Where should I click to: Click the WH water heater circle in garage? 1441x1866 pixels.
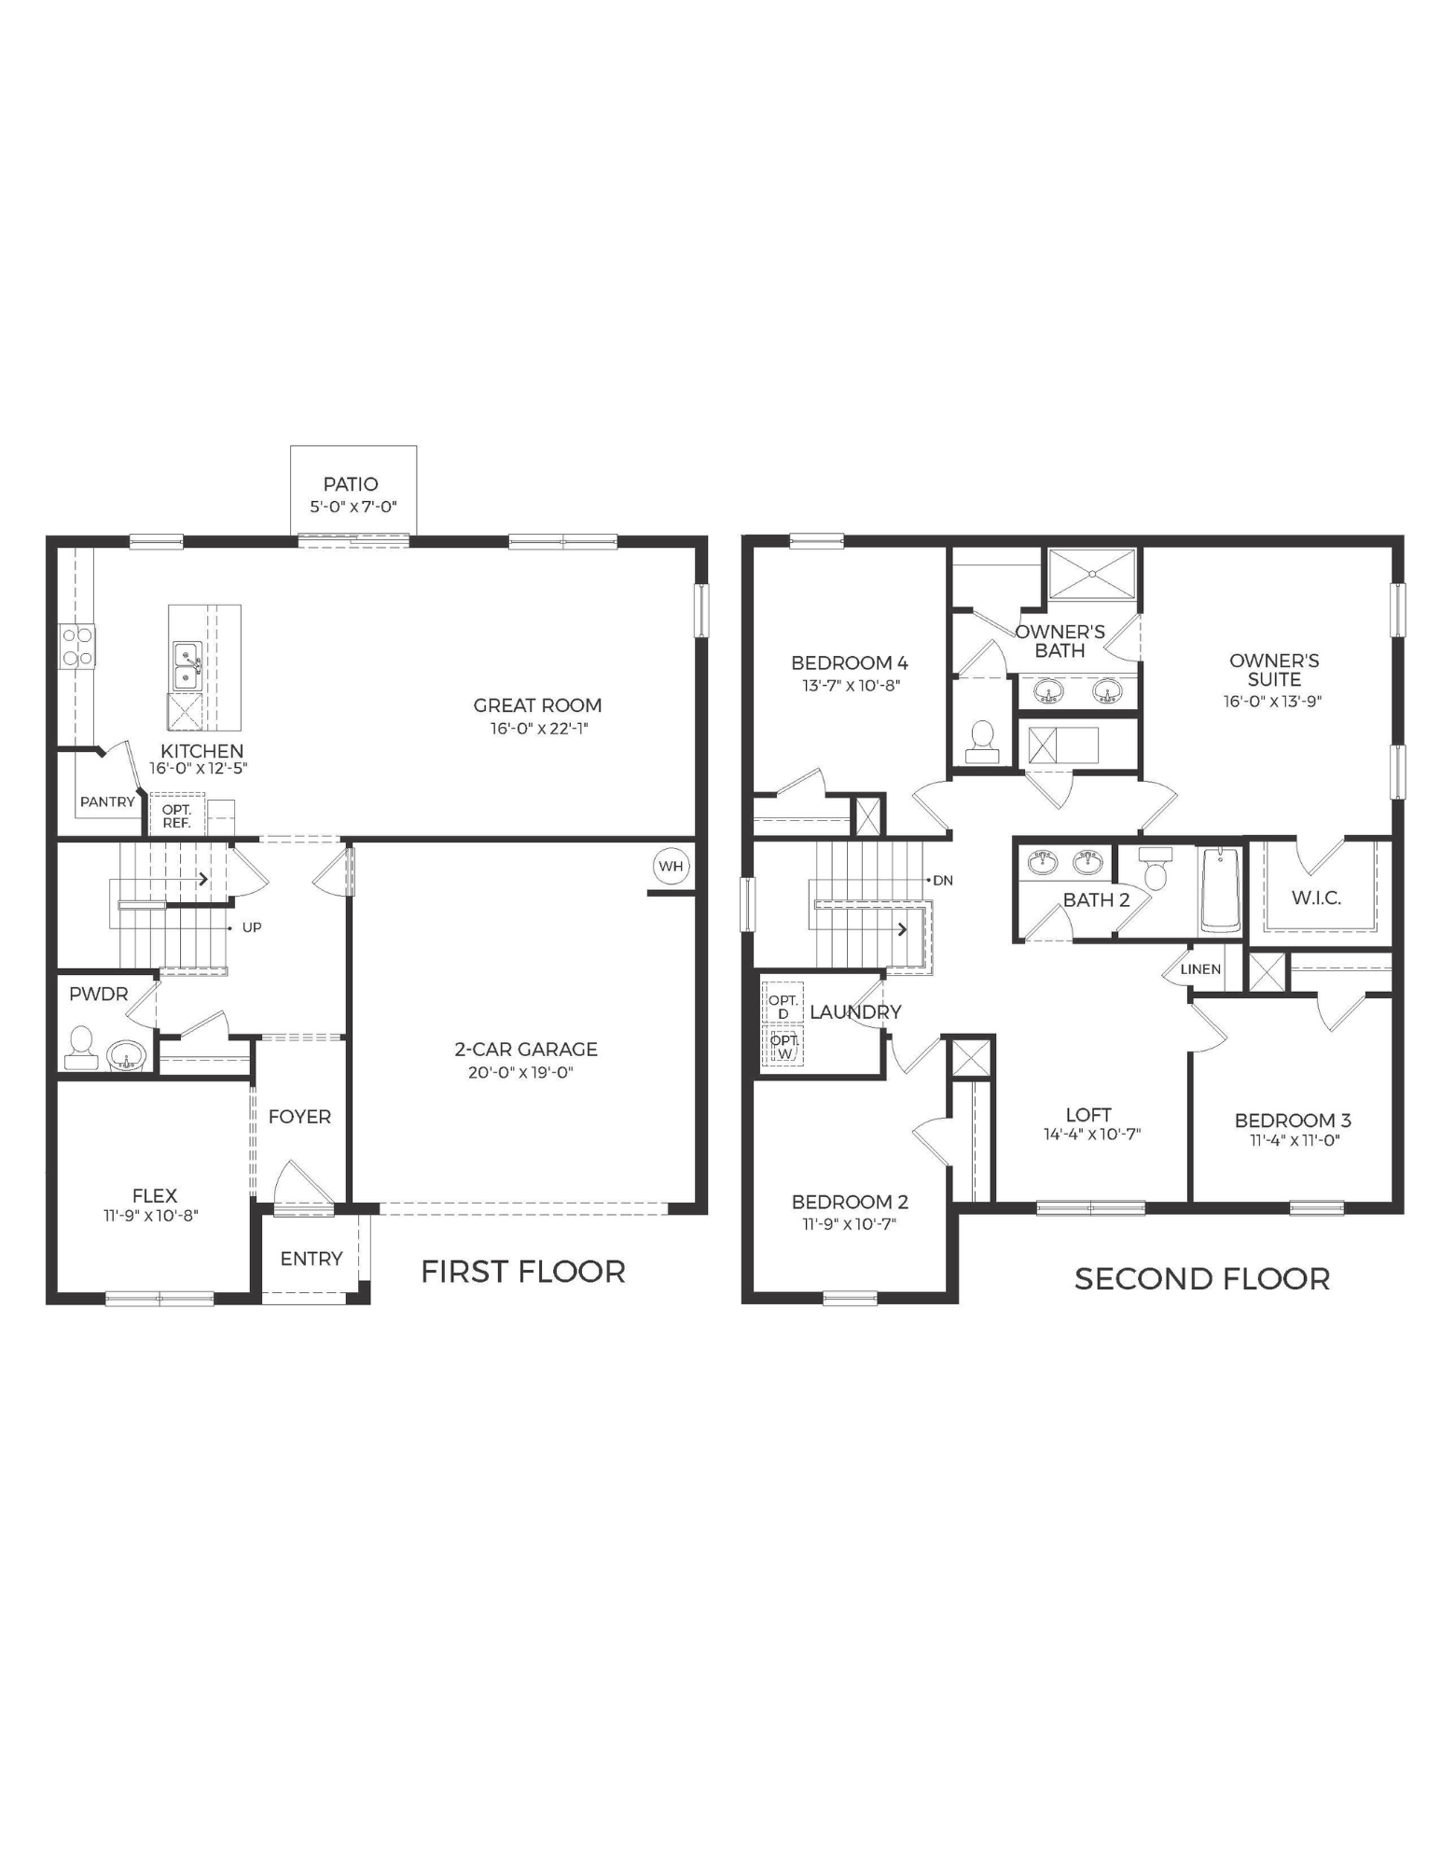click(x=671, y=866)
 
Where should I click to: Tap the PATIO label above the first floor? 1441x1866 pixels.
click(x=351, y=483)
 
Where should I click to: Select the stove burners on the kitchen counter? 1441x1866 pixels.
click(x=77, y=646)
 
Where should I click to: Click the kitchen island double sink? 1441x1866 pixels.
click(x=187, y=665)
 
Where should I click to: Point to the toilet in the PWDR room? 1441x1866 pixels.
click(x=81, y=1050)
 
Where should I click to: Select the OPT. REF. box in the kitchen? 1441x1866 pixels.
click(x=176, y=816)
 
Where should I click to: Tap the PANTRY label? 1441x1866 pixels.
click(x=107, y=801)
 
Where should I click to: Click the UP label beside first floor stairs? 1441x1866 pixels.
click(x=252, y=927)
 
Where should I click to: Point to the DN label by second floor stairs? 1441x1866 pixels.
click(x=943, y=880)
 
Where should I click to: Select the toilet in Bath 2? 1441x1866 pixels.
click(x=1156, y=870)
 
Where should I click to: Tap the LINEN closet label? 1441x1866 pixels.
click(x=1200, y=968)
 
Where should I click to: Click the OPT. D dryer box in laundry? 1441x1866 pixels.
click(x=783, y=1006)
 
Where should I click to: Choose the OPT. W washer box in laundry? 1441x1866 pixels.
click(x=783, y=1046)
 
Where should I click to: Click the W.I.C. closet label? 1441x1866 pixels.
click(x=1316, y=898)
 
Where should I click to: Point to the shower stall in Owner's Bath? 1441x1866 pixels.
click(x=1092, y=574)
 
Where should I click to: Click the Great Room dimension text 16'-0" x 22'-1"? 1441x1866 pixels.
click(x=539, y=729)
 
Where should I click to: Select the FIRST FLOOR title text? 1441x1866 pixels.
click(x=522, y=1272)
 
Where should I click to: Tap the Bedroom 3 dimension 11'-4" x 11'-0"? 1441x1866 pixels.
click(x=1295, y=1139)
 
